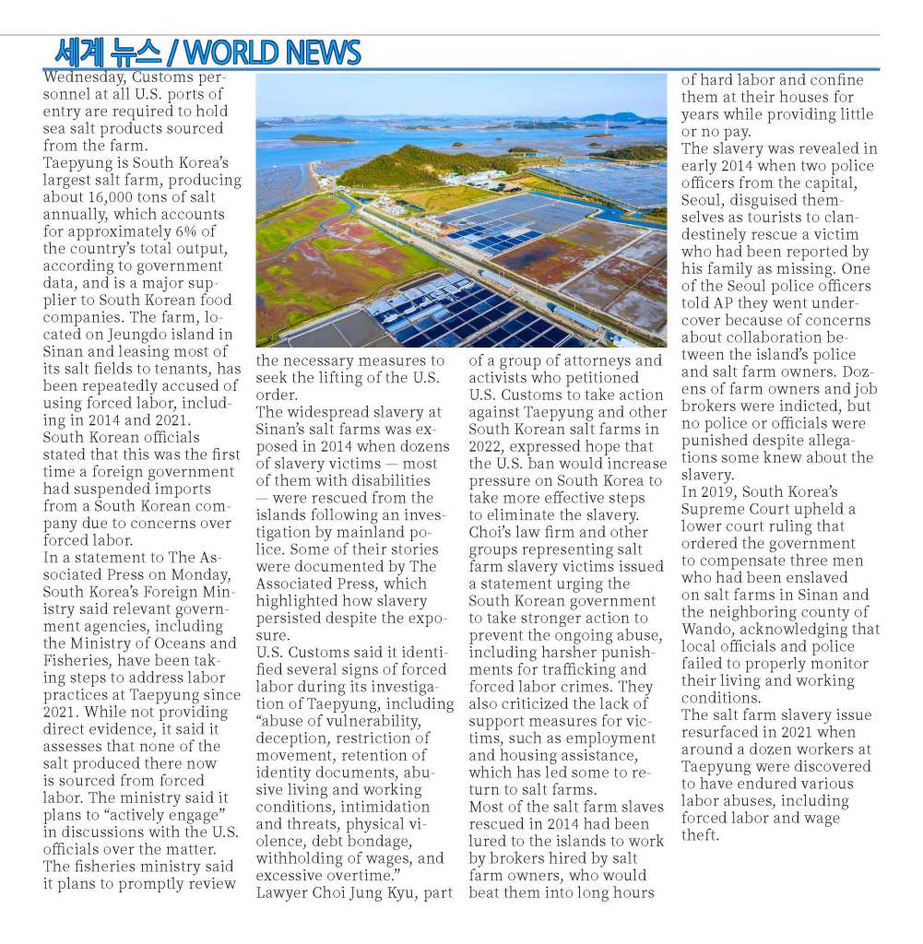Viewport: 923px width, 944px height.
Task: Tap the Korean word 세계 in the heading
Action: [x=81, y=51]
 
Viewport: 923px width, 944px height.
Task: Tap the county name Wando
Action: [x=709, y=629]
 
